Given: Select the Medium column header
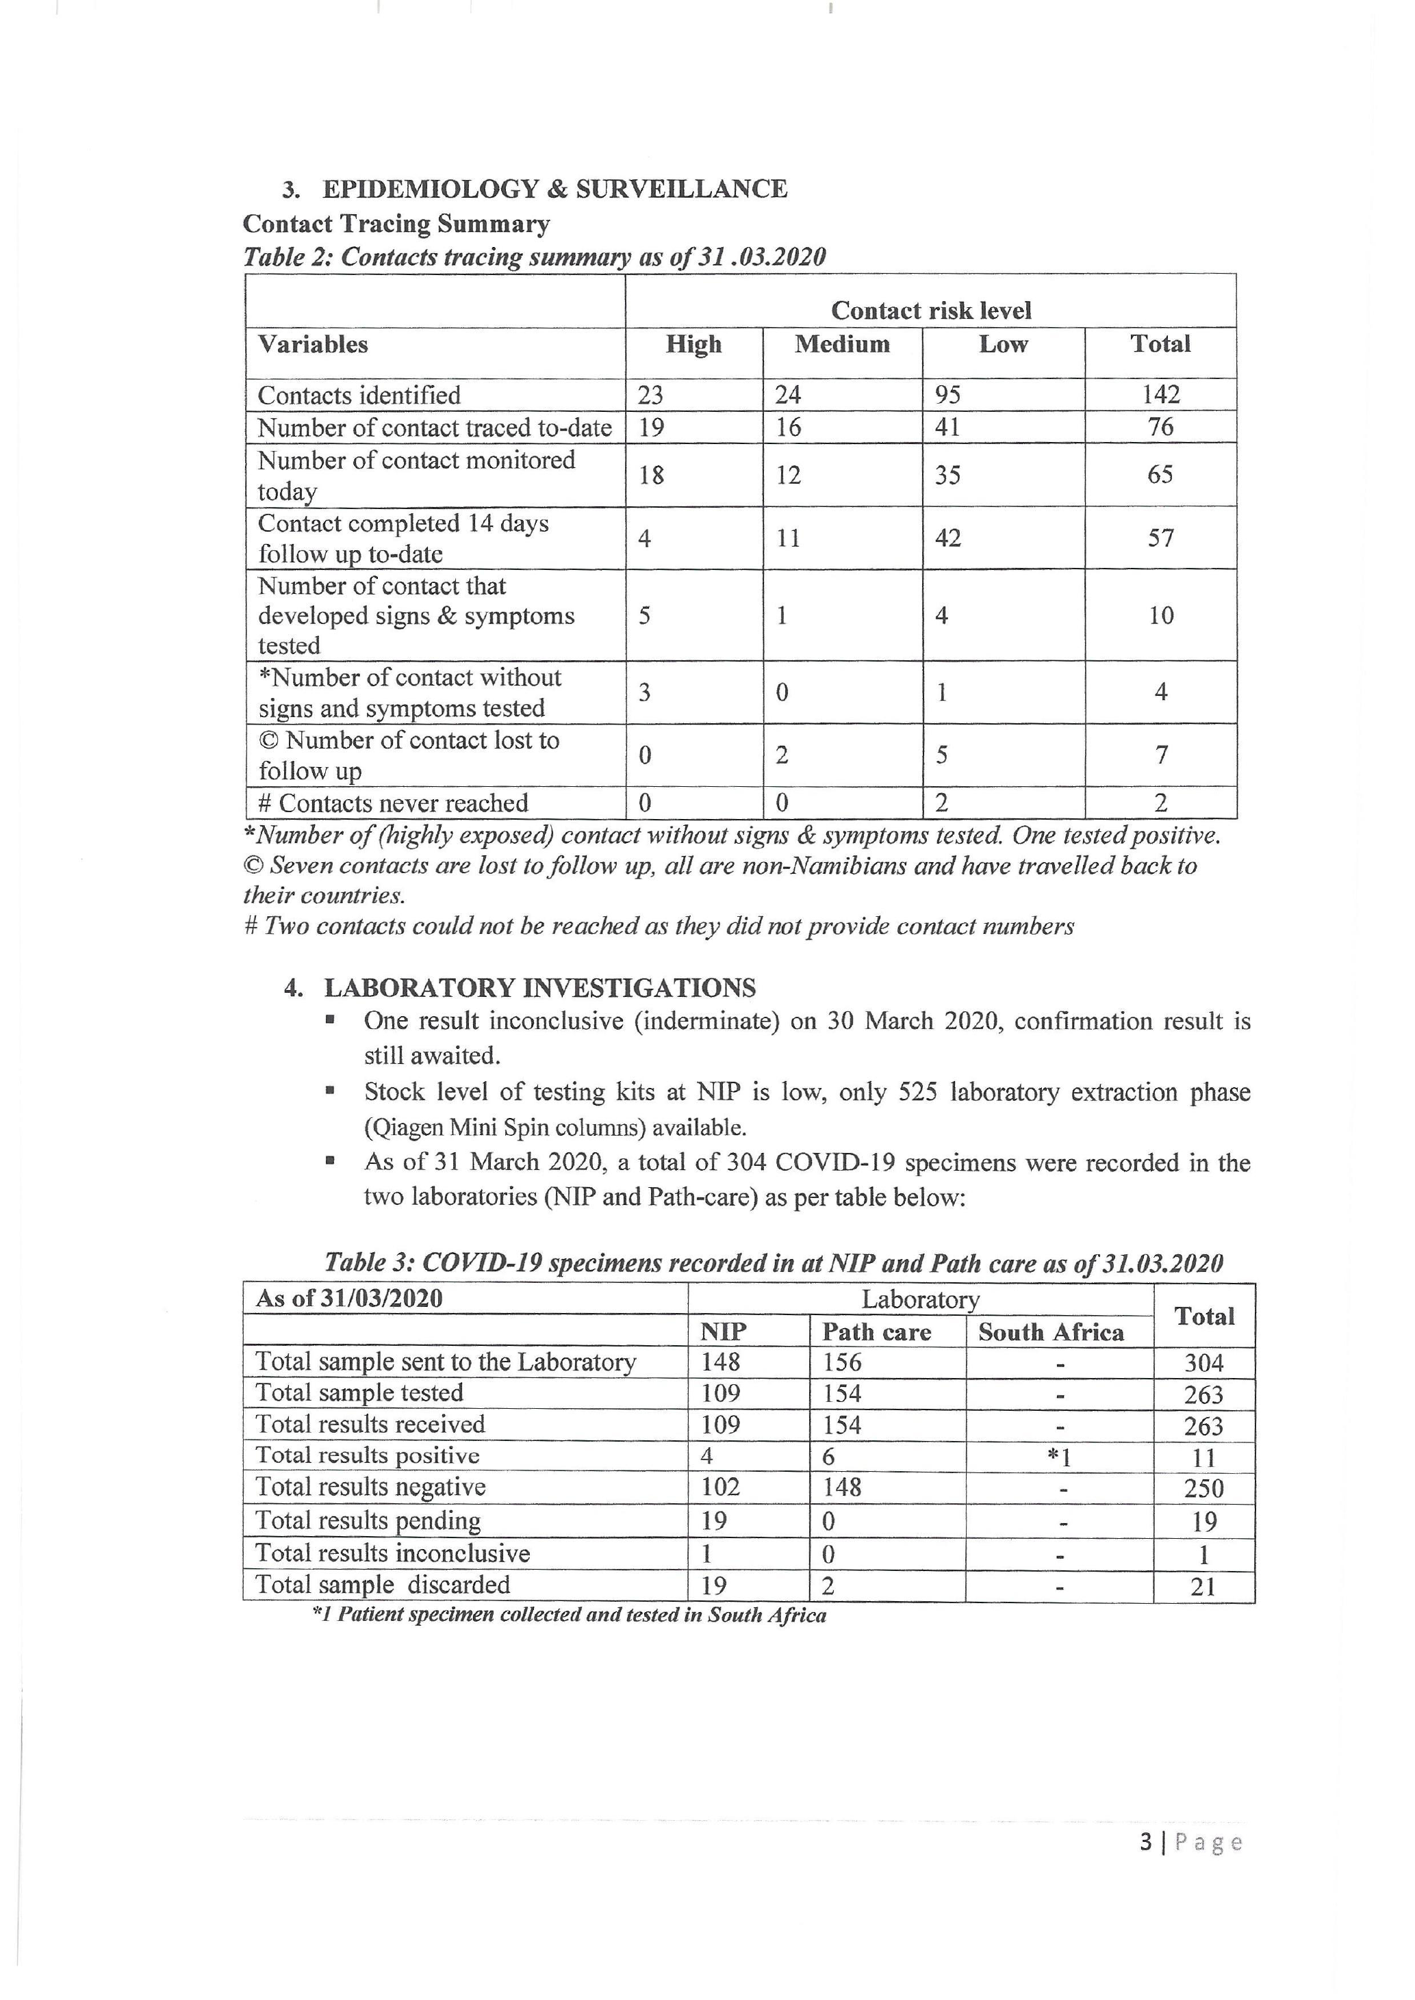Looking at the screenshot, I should (842, 344).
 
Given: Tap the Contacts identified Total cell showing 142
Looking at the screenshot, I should (1160, 395).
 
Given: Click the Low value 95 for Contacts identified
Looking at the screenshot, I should (947, 395).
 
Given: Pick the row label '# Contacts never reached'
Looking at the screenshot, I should (393, 803).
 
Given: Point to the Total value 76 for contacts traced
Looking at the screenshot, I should (1160, 427).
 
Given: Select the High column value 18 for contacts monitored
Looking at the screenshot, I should (651, 475).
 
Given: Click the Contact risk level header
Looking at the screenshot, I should (930, 311).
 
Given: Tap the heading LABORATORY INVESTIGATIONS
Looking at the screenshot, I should (539, 988).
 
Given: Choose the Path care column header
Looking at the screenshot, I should (876, 1332).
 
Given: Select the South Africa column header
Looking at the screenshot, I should (1051, 1332).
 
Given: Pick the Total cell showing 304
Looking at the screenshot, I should (1204, 1363).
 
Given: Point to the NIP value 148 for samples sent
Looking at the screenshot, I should (721, 1362).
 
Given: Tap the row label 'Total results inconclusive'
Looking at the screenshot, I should (392, 1553).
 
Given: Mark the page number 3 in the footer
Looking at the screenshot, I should (1146, 1843).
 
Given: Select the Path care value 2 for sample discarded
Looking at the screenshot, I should (828, 1585).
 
